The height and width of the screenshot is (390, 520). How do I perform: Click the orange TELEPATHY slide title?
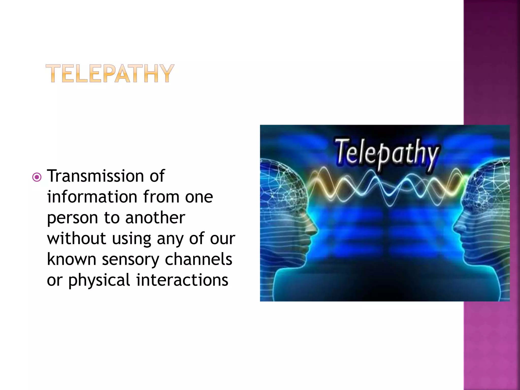(110, 74)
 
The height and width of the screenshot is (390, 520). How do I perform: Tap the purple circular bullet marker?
(37, 177)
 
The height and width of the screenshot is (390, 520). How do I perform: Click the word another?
(155, 218)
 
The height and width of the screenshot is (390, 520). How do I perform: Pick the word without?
(76, 238)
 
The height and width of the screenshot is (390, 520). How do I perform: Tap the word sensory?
(130, 260)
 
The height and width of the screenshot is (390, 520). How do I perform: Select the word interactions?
(182, 280)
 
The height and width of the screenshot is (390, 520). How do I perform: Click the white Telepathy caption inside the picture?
(386, 154)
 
